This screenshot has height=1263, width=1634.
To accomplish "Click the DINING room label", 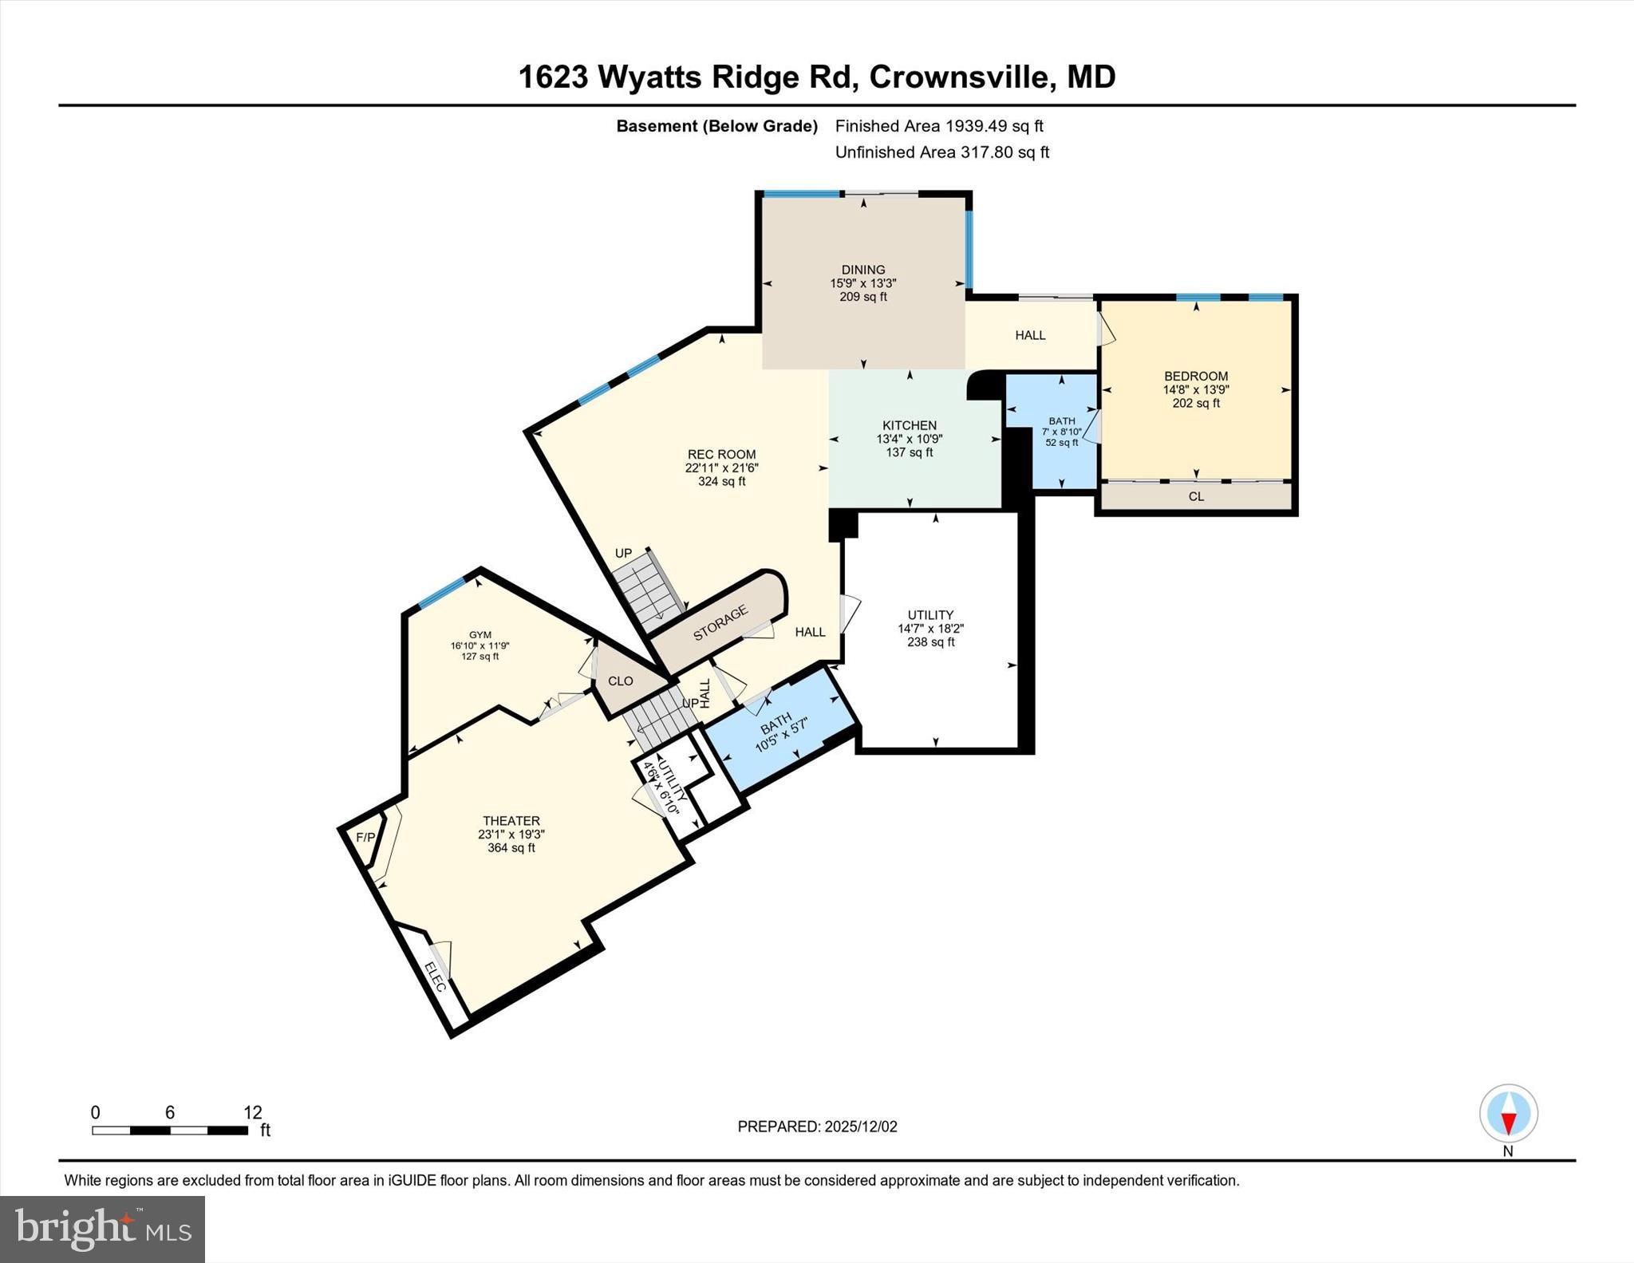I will (863, 270).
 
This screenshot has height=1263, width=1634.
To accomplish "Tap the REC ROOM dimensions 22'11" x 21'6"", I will (721, 468).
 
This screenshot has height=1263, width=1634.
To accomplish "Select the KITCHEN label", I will (910, 425).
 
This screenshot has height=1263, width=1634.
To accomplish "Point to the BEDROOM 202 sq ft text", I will (1195, 403).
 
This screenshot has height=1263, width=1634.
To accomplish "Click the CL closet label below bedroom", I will (1196, 496).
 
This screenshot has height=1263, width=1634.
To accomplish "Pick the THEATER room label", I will (511, 820).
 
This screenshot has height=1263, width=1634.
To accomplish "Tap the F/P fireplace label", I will (365, 837).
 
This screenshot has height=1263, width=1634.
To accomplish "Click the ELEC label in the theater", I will (435, 977).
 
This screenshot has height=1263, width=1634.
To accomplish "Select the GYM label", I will (480, 635).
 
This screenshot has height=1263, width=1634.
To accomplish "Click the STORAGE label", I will (720, 623).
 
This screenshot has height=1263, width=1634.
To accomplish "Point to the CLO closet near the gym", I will (620, 681).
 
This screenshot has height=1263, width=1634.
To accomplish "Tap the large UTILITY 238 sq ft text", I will (930, 641).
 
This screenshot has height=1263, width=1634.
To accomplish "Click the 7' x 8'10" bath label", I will (1061, 432).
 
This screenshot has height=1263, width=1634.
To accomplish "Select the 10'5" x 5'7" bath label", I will (783, 735).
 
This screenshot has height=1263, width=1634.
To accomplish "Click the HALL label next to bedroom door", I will (1030, 335).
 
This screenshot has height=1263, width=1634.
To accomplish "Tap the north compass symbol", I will (1508, 1114).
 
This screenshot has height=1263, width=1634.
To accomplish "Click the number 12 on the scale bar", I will (252, 1112).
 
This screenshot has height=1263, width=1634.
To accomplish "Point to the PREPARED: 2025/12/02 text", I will (817, 1127).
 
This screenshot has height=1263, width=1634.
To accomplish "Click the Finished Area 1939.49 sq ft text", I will (939, 126).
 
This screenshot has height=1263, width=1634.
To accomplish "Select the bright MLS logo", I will (102, 1229).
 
